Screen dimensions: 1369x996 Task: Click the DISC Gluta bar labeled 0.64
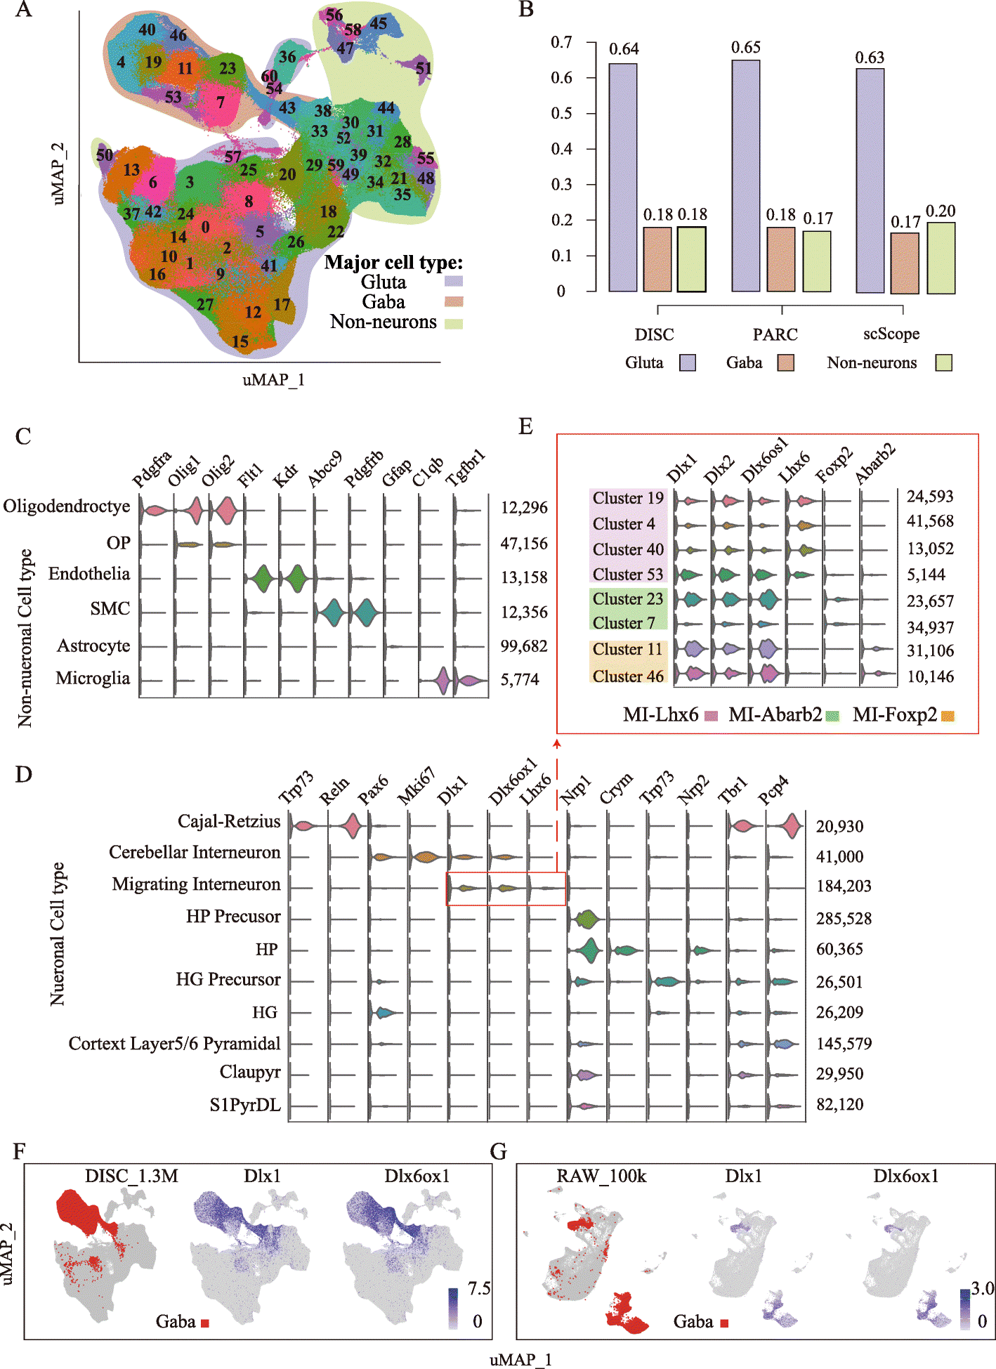(623, 177)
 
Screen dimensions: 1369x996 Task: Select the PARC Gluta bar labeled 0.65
(746, 176)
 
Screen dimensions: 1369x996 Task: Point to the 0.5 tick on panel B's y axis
(561, 113)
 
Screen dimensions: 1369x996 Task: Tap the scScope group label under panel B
(891, 334)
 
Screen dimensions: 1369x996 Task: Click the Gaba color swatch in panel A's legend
(454, 302)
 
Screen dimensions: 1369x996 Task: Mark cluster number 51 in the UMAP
(424, 68)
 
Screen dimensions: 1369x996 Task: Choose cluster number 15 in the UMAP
(240, 341)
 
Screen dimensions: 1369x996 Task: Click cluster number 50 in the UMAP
(105, 155)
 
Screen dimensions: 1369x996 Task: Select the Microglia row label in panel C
(93, 679)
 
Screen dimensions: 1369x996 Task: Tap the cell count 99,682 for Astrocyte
(524, 646)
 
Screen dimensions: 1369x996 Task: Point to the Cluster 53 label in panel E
(628, 575)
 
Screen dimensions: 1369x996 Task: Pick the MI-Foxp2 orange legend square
(948, 716)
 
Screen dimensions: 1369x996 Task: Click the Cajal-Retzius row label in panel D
(229, 822)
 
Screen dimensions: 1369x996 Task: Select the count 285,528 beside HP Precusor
(844, 919)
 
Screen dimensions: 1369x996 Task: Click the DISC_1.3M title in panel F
(131, 1176)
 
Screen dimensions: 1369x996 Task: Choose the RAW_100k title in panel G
(601, 1176)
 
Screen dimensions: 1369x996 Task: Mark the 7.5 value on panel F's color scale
(479, 1288)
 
